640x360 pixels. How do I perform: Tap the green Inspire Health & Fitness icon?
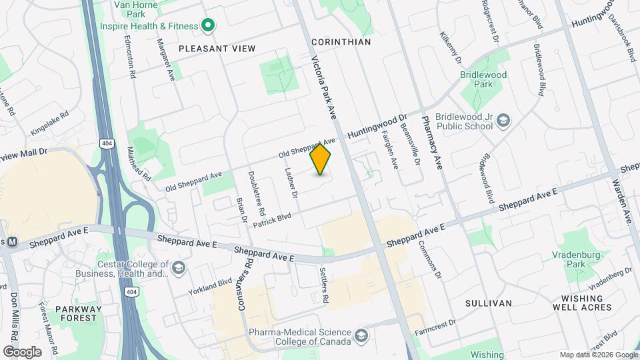208,26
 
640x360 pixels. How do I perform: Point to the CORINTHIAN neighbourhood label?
341,41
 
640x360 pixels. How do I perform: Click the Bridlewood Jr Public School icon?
504,121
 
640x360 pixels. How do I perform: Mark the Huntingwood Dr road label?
377,125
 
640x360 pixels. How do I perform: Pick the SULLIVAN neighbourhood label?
489,303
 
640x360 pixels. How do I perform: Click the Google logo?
22,351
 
